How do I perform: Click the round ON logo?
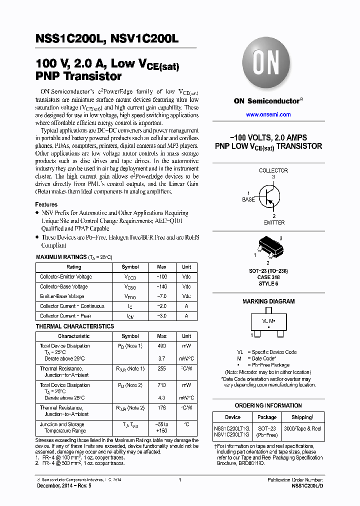268,64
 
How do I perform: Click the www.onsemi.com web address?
268,114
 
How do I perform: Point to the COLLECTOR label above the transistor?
273,170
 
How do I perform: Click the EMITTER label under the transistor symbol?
273,222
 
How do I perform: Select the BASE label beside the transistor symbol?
248,199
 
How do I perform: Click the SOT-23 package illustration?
267,245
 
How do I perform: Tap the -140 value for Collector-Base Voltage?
162,287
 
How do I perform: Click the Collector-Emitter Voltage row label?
66,277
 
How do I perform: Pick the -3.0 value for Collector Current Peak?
162,316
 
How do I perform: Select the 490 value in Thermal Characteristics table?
162,346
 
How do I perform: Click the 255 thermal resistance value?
162,369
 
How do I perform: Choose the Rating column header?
74,267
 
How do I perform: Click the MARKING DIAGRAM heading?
268,301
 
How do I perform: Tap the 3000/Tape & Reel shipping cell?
302,429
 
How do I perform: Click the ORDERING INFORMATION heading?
268,405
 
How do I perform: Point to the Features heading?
46,204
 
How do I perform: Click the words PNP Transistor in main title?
78,76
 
